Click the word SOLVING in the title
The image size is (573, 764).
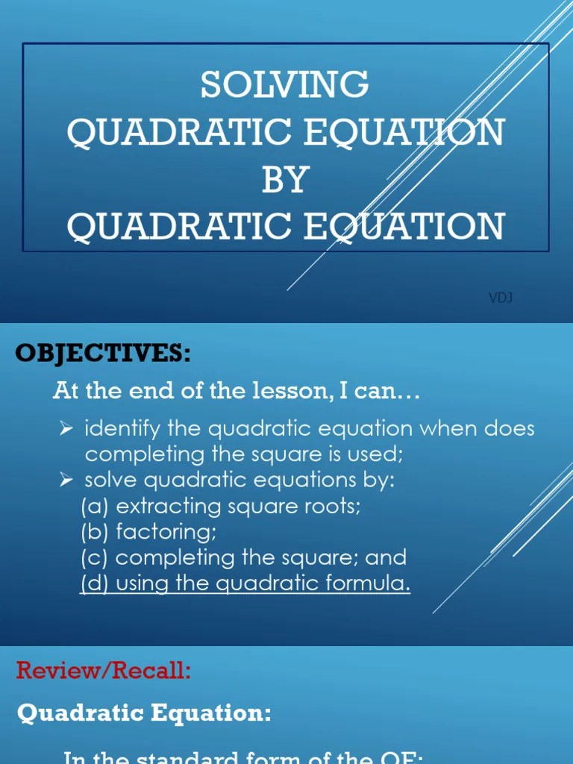pos(285,85)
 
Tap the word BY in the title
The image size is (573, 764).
pos(285,179)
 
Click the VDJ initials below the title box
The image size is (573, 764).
pos(501,298)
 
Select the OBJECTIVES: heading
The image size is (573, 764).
pos(103,353)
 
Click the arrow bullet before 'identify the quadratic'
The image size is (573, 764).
pos(66,429)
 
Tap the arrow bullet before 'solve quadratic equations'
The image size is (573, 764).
pos(66,480)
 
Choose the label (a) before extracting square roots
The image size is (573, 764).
pos(95,506)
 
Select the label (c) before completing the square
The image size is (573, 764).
pos(95,557)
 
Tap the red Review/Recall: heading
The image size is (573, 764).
pos(104,671)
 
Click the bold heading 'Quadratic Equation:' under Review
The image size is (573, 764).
pos(144,713)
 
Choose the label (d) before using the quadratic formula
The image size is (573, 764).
pos(95,583)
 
